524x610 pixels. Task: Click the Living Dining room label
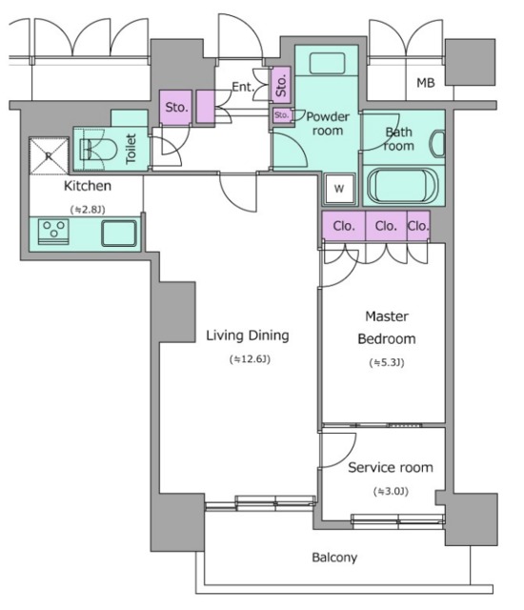(x=248, y=335)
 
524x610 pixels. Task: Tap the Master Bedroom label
(x=387, y=328)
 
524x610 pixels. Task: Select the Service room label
(x=391, y=467)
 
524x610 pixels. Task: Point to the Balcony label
(x=334, y=558)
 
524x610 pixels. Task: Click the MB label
(x=426, y=83)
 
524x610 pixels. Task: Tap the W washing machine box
(x=339, y=189)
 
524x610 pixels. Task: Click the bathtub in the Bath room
(x=403, y=185)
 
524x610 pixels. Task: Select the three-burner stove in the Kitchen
(x=53, y=232)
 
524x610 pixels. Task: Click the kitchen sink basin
(x=119, y=234)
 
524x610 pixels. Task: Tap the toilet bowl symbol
(x=98, y=150)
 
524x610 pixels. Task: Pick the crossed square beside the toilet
(x=49, y=156)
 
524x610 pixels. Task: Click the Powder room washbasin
(x=328, y=64)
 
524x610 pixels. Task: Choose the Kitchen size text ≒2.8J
(x=88, y=210)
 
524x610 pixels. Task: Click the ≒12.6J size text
(x=250, y=358)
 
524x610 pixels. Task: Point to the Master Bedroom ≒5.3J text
(x=387, y=362)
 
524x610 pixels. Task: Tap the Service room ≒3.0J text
(x=391, y=492)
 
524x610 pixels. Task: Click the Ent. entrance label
(x=243, y=87)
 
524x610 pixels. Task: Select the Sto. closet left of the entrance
(x=176, y=108)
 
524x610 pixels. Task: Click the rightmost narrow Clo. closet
(x=418, y=226)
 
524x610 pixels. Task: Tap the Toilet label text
(x=131, y=149)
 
